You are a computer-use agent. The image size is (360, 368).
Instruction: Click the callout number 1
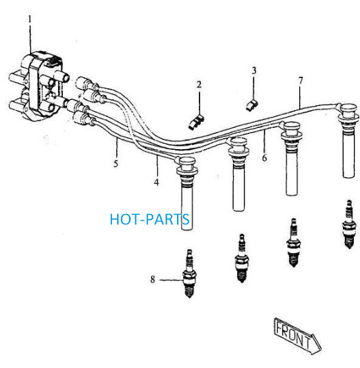(30, 19)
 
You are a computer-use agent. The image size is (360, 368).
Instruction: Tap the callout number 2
(199, 85)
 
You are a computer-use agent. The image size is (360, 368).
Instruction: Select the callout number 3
(254, 70)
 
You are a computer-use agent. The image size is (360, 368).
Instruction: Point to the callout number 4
(156, 182)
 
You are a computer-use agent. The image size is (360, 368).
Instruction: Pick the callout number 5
(115, 163)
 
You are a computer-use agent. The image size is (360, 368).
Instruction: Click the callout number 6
(264, 158)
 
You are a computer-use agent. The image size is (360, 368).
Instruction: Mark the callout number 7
(301, 81)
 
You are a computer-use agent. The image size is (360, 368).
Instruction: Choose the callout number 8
(152, 279)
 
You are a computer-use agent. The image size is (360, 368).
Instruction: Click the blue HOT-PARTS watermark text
(150, 219)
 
